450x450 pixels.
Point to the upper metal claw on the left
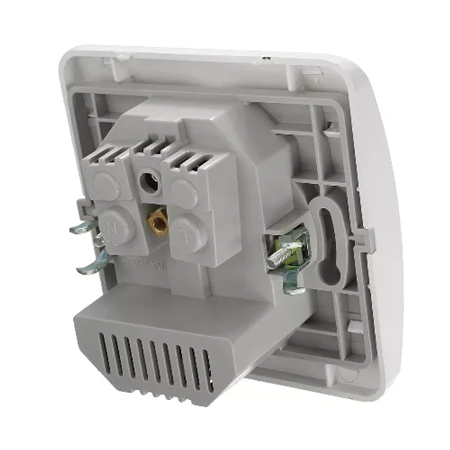[84, 227]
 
